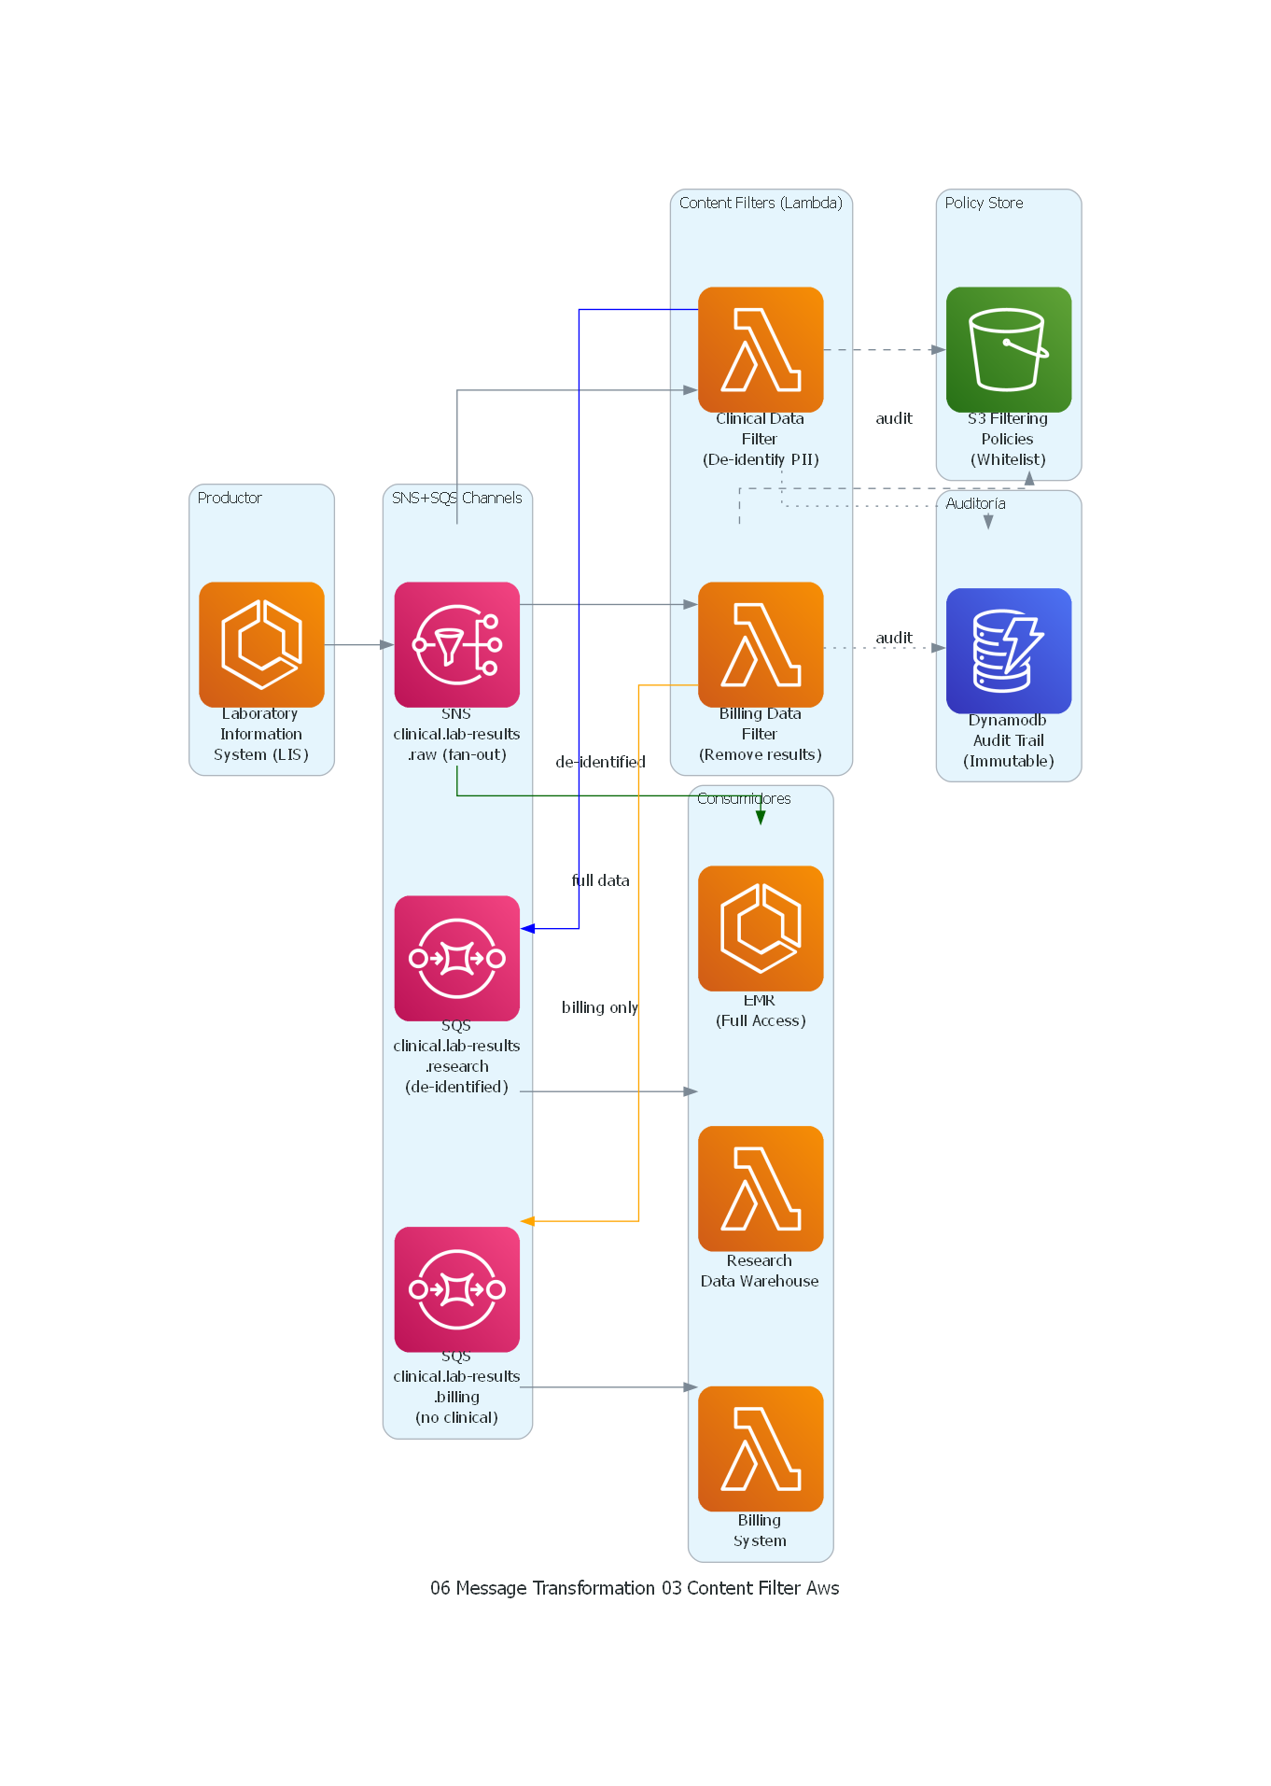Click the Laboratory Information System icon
click(x=261, y=644)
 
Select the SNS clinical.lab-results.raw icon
click(x=456, y=644)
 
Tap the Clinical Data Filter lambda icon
click(x=761, y=349)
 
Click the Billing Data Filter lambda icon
click(x=761, y=644)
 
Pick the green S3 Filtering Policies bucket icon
click(x=1008, y=349)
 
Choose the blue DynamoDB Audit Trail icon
click(x=1008, y=651)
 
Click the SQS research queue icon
click(x=456, y=958)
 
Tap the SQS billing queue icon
click(x=456, y=1288)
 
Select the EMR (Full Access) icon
click(x=761, y=928)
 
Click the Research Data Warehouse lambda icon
click(x=761, y=1188)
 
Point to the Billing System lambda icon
click(x=761, y=1448)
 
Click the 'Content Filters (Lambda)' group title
click(x=761, y=203)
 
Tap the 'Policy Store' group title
click(x=984, y=203)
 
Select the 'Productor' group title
click(x=230, y=498)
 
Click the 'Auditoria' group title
click(x=975, y=503)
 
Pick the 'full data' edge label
click(x=600, y=880)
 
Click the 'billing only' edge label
click(x=599, y=1007)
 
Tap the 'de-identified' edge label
click(x=600, y=762)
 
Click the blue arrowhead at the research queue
click(x=528, y=928)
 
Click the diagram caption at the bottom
click(x=635, y=1588)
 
